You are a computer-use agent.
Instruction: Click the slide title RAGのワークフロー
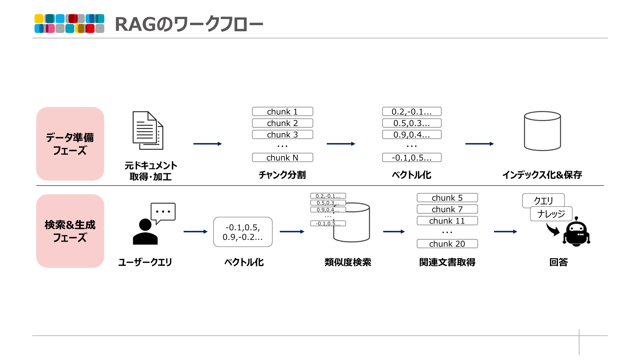189,24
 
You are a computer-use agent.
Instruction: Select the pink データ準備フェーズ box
70,144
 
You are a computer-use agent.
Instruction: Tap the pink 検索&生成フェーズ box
70,231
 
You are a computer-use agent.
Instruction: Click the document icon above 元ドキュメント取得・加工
148,131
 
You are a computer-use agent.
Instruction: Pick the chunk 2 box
282,123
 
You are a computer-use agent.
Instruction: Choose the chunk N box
282,158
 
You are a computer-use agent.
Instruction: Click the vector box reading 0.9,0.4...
412,135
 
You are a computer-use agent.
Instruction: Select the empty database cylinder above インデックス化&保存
542,131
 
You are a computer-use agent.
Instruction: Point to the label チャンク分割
282,175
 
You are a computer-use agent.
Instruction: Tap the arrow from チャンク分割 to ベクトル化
341,144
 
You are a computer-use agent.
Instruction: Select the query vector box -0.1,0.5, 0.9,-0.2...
243,232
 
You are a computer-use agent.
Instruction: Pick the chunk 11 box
447,221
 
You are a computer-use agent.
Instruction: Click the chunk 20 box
447,244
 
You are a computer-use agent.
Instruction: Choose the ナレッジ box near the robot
551,214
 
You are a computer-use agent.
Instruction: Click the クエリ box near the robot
543,200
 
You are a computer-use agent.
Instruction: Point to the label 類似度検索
348,262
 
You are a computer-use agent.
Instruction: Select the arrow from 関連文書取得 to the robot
505,232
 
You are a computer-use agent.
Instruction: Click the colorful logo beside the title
69,24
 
